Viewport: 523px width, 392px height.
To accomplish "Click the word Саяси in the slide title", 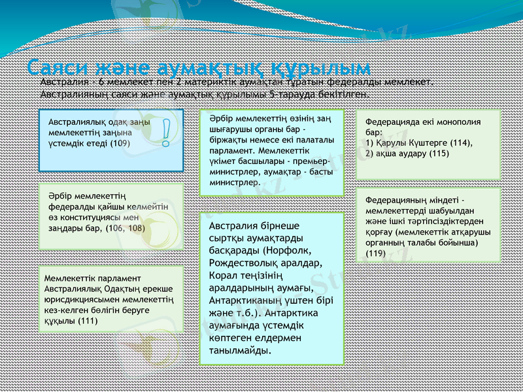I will coord(58,68).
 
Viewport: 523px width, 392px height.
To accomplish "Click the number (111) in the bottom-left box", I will coord(88,321).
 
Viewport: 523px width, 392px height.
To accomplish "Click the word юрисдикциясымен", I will coord(82,300).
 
